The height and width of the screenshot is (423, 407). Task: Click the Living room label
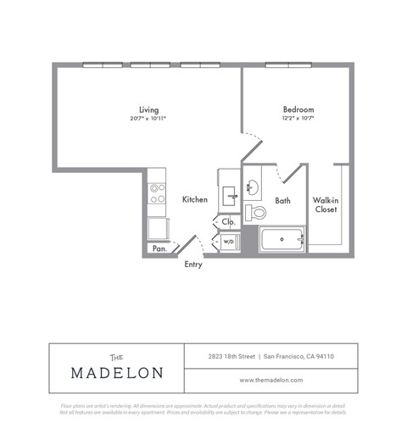149,109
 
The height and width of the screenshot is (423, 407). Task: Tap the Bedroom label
298,109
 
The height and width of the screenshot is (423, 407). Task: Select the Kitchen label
194,199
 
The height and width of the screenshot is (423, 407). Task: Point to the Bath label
283,200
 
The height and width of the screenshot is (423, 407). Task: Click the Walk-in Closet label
326,204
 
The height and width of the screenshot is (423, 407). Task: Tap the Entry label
193,264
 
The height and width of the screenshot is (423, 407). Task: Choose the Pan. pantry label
159,248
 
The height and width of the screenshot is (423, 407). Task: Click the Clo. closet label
228,222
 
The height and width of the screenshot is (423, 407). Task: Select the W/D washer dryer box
229,242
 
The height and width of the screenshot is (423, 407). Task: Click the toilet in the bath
255,212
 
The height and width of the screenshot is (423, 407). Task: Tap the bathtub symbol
282,240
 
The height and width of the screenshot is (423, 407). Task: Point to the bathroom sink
252,186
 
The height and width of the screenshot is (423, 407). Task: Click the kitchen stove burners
157,194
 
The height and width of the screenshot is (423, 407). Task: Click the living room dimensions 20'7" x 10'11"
149,119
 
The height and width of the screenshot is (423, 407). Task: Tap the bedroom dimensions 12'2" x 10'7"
298,119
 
